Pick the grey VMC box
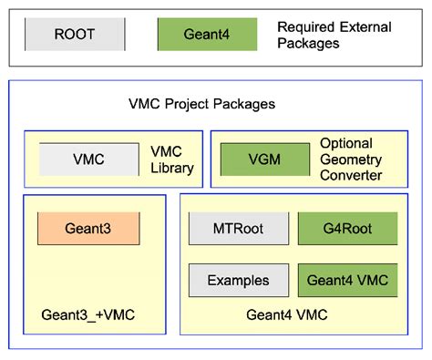pos(88,159)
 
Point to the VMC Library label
pos(171,159)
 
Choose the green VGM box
pos(264,159)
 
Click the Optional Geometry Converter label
pos(351,159)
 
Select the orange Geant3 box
pos(88,228)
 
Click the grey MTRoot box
pos(238,228)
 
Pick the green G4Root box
pos(347,228)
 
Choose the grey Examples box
pos(238,281)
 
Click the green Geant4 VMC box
pos(347,281)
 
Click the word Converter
pos(351,175)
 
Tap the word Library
pos(171,168)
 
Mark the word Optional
pos(345,144)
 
